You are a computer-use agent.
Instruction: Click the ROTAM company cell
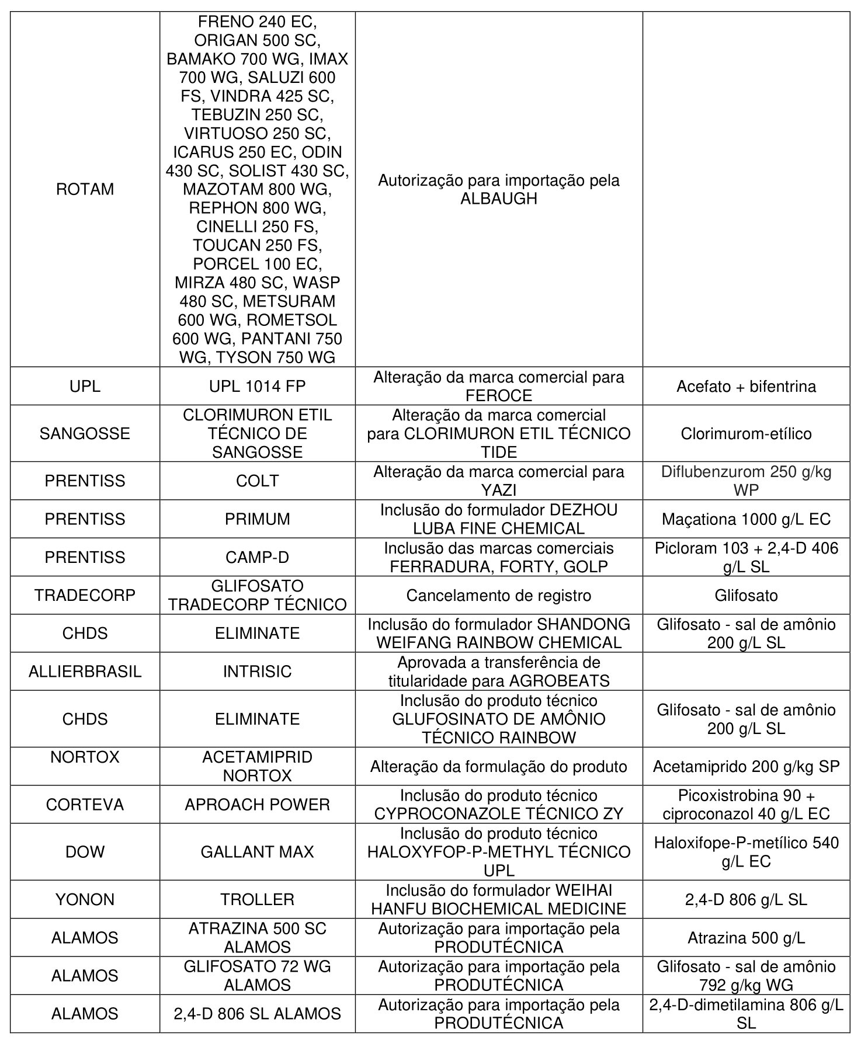click(85, 189)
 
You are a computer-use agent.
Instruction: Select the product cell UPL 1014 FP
click(257, 386)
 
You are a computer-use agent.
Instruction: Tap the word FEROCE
click(498, 395)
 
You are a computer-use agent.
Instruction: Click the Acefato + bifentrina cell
click(746, 386)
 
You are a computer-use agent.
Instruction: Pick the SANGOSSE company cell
click(85, 433)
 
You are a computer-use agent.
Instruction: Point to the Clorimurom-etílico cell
click(746, 433)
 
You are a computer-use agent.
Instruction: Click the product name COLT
click(257, 481)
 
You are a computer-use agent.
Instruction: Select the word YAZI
click(498, 490)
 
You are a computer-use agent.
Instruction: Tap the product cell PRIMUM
click(257, 519)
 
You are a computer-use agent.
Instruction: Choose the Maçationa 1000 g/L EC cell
click(746, 519)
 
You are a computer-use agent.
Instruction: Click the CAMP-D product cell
click(257, 557)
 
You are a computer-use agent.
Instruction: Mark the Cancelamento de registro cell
click(498, 595)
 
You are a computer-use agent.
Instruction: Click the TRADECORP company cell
click(85, 595)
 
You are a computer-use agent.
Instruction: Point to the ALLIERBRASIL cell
click(85, 671)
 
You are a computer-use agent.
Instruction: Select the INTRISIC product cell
click(257, 671)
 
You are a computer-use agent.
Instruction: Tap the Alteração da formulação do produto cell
click(498, 766)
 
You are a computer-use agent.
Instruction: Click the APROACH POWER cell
click(257, 804)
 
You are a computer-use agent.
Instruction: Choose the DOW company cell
click(85, 851)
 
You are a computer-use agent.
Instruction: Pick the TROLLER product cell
click(257, 899)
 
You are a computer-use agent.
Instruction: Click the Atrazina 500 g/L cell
click(746, 937)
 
